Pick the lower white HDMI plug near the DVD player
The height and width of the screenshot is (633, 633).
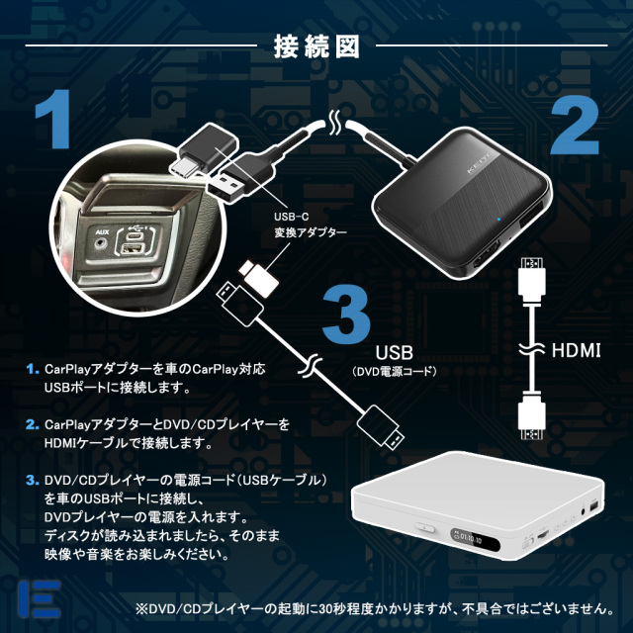coord(529,415)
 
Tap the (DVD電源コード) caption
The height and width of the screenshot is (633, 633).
coord(394,372)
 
